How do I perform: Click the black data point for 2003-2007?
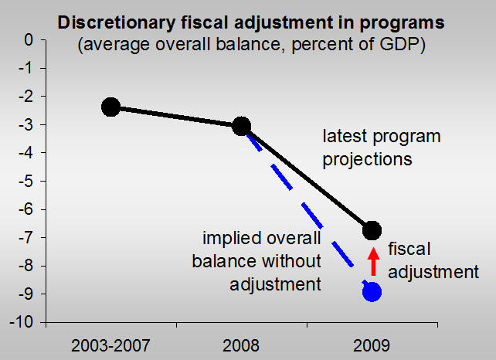[110, 107]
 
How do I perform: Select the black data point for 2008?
[241, 126]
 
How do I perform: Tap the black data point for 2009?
[372, 229]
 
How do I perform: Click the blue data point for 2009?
[372, 291]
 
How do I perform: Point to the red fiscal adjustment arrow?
[372, 261]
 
